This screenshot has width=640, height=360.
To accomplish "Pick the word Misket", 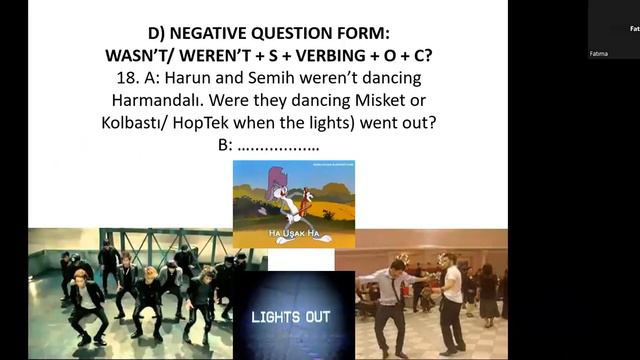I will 369,100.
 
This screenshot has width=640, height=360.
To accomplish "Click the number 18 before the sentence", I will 125,78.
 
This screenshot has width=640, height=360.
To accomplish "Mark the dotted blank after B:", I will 279,145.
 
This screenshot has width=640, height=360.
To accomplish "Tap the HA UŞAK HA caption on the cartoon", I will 294,234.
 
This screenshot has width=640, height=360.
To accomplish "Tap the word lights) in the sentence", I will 347,122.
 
